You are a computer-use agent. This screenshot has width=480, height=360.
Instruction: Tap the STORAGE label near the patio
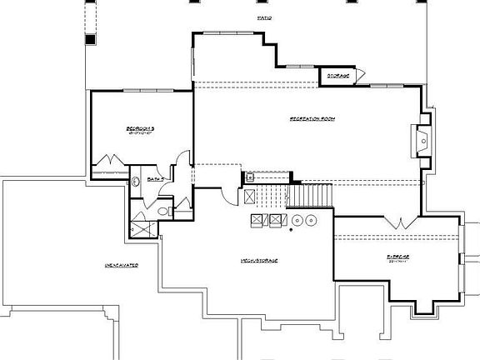337,76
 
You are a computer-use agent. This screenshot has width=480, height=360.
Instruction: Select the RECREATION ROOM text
312,118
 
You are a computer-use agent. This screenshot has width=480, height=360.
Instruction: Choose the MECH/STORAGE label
260,261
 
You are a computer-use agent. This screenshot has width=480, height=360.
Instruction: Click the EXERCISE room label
397,257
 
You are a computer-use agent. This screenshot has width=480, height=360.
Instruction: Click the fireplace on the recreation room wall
422,139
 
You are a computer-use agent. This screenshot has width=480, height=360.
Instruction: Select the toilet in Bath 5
163,212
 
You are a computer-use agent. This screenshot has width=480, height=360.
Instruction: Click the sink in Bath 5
136,182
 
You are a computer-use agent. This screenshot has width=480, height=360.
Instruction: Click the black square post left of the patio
90,38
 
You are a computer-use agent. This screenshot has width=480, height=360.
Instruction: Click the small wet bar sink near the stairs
249,177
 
